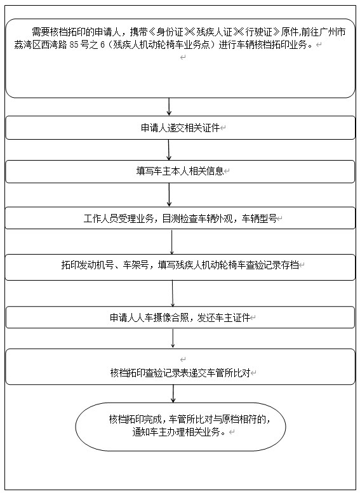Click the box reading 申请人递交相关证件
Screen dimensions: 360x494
180,128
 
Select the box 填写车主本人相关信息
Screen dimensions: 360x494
180,171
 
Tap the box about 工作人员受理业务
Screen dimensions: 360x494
180,218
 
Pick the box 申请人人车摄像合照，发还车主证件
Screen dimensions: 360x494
180,317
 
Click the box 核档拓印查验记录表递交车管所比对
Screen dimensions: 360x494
180,367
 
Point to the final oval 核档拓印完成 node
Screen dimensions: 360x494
180,427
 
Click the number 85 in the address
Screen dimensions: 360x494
74,44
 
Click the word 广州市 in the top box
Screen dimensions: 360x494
333,32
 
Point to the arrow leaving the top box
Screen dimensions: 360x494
169,107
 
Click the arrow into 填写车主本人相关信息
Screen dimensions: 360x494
169,150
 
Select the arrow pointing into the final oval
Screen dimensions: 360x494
173,394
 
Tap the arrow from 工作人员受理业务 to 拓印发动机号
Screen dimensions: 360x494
172,242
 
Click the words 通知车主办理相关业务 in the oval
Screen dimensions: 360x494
176,432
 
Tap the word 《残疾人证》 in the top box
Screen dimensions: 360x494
213,32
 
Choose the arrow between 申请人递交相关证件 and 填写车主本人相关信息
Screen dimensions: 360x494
169,150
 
